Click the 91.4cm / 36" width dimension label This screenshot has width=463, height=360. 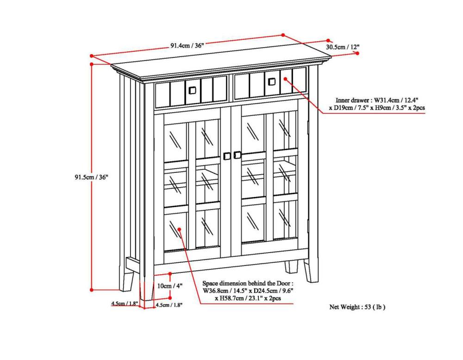coord(187,45)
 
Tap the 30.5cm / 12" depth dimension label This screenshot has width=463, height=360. coord(343,47)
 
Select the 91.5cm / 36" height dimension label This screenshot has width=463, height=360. coord(91,177)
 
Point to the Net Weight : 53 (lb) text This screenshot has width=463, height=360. coord(357,307)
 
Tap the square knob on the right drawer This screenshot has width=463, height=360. coord(272,81)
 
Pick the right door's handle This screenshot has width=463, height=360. coord(238,154)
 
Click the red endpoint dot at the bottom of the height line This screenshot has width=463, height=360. coord(92,290)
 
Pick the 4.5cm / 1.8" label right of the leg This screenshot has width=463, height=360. coord(169,305)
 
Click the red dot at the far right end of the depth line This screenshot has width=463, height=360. coord(358,53)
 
